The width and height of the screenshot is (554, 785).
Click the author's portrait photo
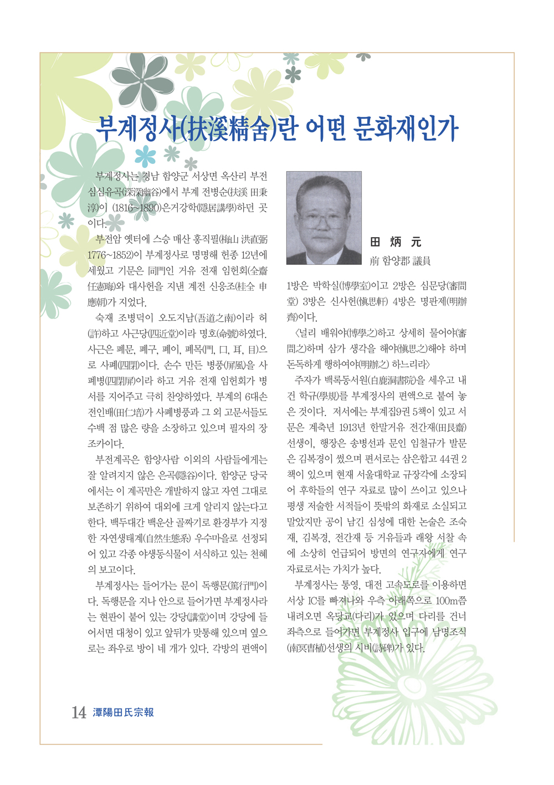point(324,218)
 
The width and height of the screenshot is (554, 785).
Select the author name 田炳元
point(396,242)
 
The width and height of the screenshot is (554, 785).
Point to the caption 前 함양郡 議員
point(400,260)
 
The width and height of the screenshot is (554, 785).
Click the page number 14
point(79,712)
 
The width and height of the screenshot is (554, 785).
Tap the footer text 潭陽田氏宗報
point(124,712)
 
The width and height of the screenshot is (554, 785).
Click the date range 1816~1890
point(136,208)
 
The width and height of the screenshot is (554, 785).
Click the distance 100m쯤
point(451,601)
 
